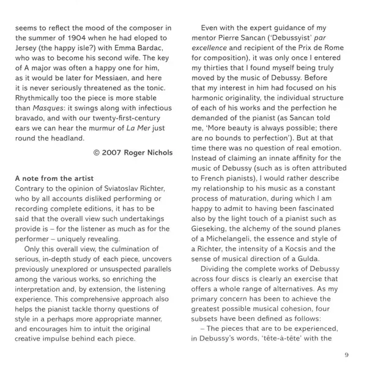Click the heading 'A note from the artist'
[x=54, y=178]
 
